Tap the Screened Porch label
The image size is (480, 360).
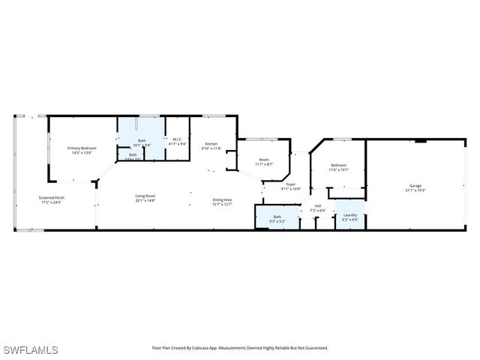click(x=52, y=198)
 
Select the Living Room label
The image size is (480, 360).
click(x=145, y=196)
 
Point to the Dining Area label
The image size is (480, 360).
click(x=222, y=199)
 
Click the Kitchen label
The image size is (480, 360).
click(x=211, y=144)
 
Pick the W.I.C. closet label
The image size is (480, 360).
click(x=178, y=139)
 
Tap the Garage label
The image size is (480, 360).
click(x=415, y=186)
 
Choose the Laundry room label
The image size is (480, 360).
click(x=350, y=216)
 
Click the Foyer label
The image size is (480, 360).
click(x=290, y=184)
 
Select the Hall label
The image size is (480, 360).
click(x=318, y=205)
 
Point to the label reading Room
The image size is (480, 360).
click(x=264, y=159)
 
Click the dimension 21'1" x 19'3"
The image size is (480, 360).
click(x=415, y=190)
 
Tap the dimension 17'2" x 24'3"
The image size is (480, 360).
click(x=52, y=202)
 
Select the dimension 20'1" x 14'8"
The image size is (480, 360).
click(x=145, y=201)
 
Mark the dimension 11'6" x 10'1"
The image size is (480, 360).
click(x=338, y=169)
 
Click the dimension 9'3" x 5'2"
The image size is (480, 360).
click(x=277, y=220)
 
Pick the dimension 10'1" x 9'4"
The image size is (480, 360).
click(x=141, y=145)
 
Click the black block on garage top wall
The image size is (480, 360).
click(x=421, y=140)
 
